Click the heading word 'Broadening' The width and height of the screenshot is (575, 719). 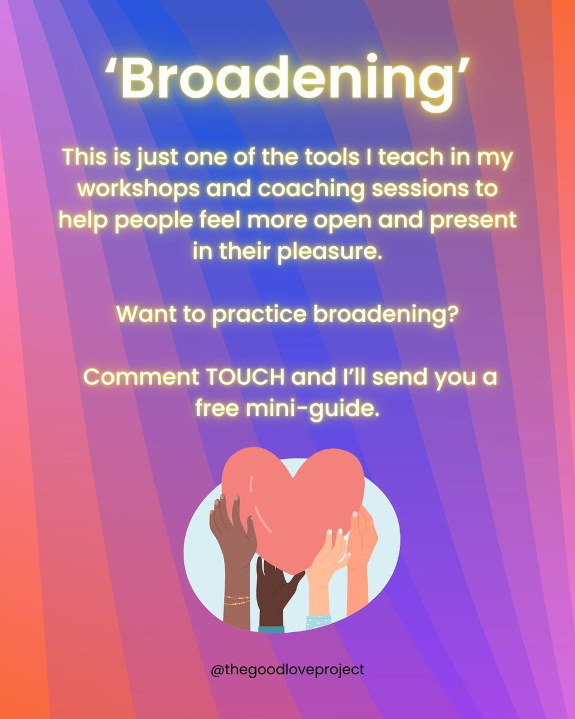point(287,79)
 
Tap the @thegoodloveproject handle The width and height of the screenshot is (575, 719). point(287,669)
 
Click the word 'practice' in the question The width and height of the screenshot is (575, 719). point(259,314)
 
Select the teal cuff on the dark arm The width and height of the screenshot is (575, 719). point(271,629)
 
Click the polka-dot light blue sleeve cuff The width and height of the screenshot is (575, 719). point(319,622)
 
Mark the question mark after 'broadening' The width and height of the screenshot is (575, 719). point(453,314)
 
